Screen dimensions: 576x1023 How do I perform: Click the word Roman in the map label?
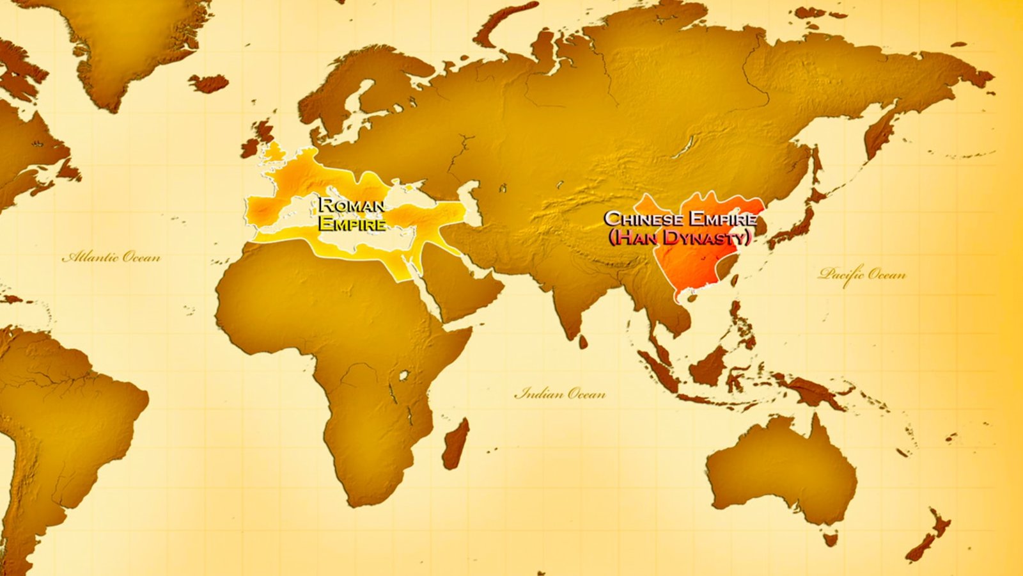(x=352, y=205)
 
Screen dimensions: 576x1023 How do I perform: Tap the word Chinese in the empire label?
(x=642, y=219)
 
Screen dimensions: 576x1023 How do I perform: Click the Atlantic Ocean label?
(x=111, y=257)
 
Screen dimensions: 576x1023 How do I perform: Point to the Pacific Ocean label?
(x=862, y=275)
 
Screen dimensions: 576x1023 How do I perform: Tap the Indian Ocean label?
(x=560, y=393)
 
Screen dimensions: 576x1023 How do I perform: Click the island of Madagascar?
(x=457, y=444)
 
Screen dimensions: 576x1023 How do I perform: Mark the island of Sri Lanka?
(x=582, y=342)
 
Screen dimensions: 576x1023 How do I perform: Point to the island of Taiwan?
(x=733, y=280)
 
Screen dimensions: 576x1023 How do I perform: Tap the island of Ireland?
(x=249, y=148)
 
